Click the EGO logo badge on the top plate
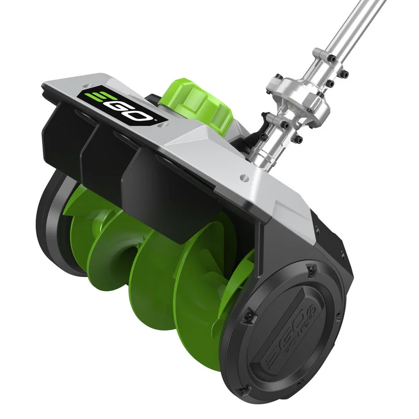122,106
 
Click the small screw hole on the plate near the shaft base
244,177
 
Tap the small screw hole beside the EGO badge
86,85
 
